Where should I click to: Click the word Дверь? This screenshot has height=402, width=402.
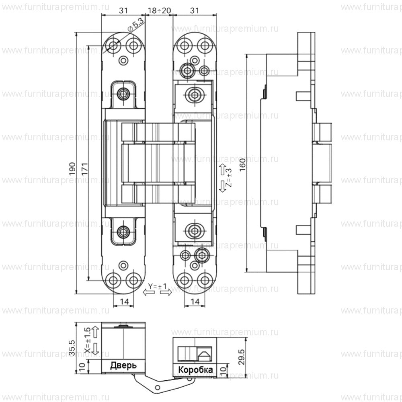123,365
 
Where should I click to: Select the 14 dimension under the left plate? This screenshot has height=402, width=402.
124,301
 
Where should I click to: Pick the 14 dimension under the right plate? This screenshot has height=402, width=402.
194,301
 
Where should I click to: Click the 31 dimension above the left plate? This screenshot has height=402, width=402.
123,11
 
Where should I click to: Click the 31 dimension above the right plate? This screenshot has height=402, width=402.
195,11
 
